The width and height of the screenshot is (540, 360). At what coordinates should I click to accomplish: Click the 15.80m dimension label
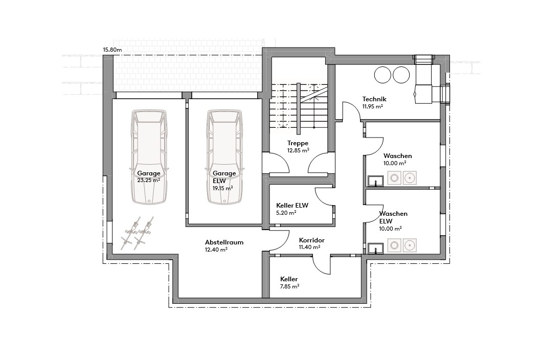[x=112, y=50]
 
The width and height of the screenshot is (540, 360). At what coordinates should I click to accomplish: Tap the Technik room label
[x=374, y=99]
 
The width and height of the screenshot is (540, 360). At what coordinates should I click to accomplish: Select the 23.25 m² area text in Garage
[x=148, y=181]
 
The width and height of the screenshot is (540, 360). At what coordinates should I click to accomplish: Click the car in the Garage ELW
[x=224, y=156]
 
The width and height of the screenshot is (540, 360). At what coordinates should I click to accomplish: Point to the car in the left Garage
[x=149, y=156]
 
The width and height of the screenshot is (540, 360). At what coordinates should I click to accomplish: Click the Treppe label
[x=298, y=143]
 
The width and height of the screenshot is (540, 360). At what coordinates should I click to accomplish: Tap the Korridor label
[x=311, y=240]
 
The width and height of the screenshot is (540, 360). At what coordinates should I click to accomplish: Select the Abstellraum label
[x=223, y=242]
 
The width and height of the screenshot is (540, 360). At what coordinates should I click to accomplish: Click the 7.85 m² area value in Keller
[x=289, y=287]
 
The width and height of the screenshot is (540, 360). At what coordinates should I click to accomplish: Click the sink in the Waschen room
[x=376, y=179]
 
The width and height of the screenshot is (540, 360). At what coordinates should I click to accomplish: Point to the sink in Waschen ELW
[x=376, y=249]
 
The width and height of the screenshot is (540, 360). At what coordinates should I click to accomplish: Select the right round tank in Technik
[x=401, y=75]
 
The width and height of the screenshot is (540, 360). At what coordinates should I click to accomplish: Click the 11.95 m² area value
[x=373, y=107]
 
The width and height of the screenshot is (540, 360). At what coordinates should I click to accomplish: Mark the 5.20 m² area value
[x=286, y=212]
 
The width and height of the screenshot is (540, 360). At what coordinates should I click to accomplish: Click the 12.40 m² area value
[x=216, y=250]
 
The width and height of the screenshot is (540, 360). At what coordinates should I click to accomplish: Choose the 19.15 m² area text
[x=222, y=188]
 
